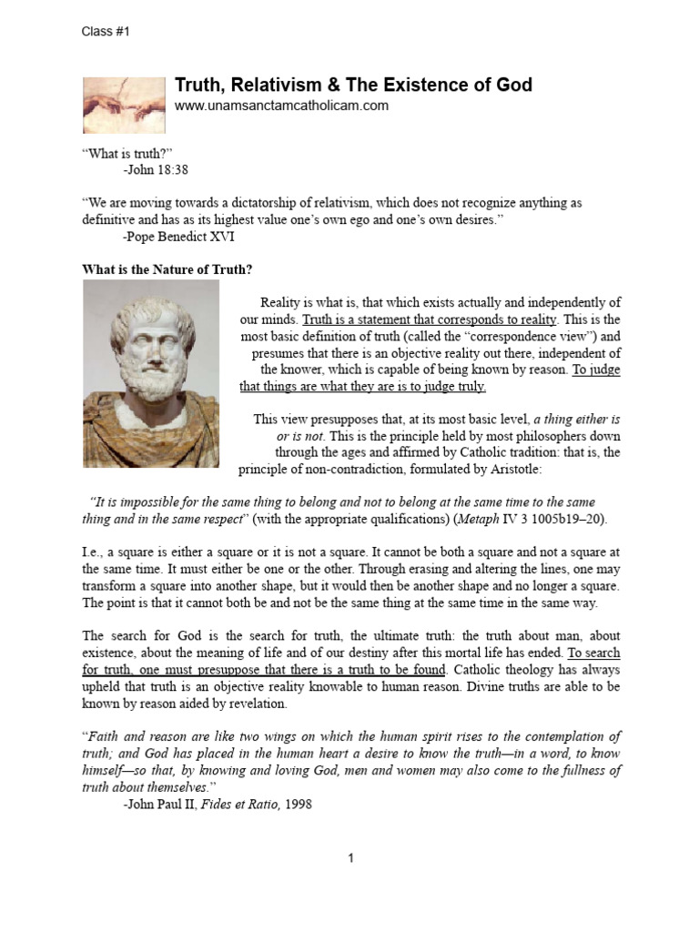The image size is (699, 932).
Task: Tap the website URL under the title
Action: [281, 106]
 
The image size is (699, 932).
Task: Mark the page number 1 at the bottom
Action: [349, 859]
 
